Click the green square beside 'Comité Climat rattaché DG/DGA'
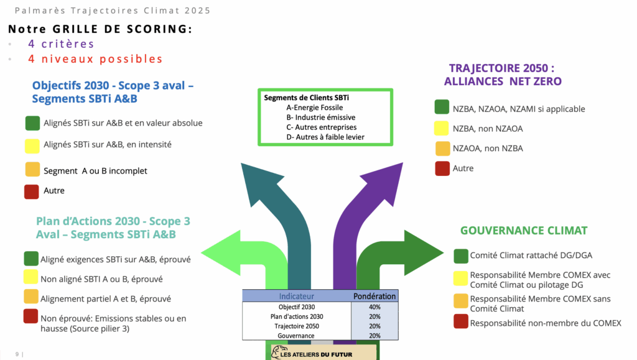[x=461, y=256]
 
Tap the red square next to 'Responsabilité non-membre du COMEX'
[x=461, y=321]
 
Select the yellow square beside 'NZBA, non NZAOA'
[x=442, y=129]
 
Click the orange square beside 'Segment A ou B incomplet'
[x=32, y=169]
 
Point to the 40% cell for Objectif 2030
[x=374, y=307]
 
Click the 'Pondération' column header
[x=374, y=296]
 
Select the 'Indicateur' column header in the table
[x=297, y=296]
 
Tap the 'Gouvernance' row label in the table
[x=297, y=336]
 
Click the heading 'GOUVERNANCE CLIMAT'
[x=524, y=231]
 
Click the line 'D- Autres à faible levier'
[x=325, y=137]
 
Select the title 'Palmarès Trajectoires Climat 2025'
[x=112, y=11]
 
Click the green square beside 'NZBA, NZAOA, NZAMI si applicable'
[x=442, y=108]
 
